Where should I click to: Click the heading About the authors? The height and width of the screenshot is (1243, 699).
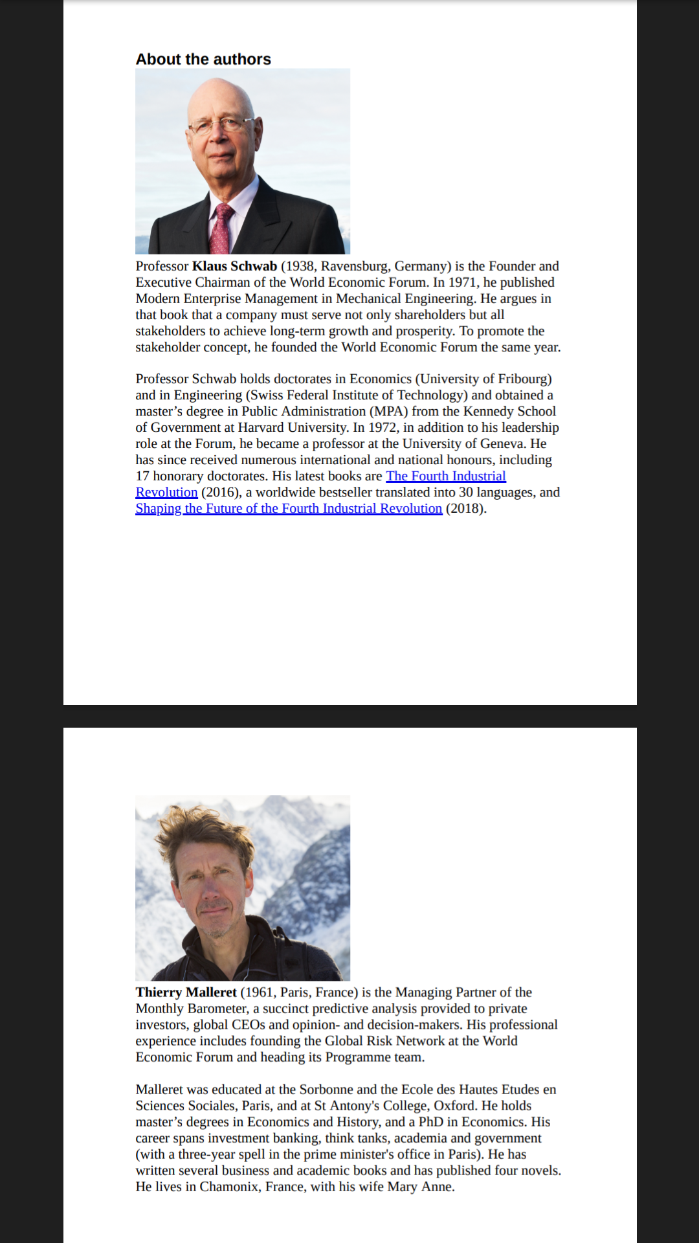[x=203, y=60]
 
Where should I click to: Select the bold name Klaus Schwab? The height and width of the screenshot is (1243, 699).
[x=234, y=266]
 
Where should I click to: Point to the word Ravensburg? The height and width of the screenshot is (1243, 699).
[x=355, y=266]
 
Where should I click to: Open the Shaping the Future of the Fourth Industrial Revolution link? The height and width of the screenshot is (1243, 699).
[x=289, y=509]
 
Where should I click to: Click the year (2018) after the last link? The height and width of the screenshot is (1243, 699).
[x=466, y=509]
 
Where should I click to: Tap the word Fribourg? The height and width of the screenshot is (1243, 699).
[x=522, y=379]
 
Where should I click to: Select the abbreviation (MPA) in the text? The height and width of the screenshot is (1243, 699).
[x=388, y=412]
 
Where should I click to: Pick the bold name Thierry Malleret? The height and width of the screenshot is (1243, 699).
[x=186, y=992]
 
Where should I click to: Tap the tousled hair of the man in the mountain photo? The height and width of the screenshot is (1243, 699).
[x=201, y=825]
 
